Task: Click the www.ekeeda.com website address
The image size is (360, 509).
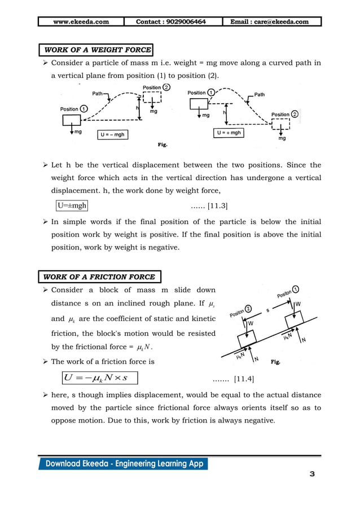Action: [x=81, y=22]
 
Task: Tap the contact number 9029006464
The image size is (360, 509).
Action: [x=171, y=22]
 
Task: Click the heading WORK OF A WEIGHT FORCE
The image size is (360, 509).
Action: [x=95, y=50]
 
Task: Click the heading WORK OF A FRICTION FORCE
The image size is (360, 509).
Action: [x=99, y=277]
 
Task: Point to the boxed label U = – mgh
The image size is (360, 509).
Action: [x=112, y=135]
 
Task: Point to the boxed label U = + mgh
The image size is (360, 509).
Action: [x=229, y=133]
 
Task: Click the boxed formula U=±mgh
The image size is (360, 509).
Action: [x=72, y=207]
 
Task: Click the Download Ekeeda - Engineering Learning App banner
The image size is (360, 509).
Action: [x=123, y=464]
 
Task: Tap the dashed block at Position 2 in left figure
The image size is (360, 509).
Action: [x=152, y=98]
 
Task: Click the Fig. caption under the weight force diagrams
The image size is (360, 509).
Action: [x=162, y=145]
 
